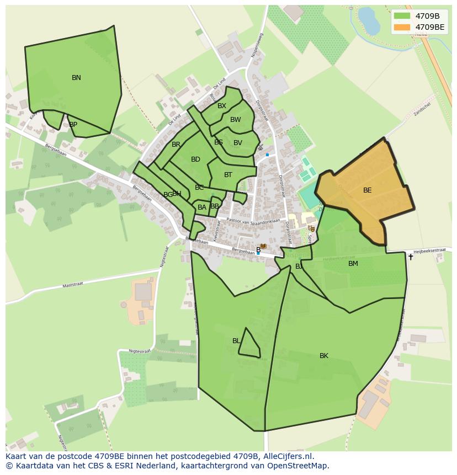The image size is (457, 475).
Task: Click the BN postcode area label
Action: (76, 78)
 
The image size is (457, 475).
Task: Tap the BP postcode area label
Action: (73, 125)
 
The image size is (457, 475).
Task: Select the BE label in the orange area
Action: (367, 190)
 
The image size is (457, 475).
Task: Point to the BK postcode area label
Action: (324, 356)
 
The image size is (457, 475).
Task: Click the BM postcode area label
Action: (353, 264)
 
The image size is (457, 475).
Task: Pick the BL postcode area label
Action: (236, 341)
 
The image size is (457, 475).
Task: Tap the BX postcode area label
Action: (222, 106)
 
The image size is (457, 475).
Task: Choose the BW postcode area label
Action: (236, 120)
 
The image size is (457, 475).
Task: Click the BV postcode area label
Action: (238, 143)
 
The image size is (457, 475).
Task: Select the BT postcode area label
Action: (228, 175)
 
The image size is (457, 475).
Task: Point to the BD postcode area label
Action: (195, 159)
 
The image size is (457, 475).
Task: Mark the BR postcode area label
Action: (176, 145)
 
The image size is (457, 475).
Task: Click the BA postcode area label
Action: (202, 207)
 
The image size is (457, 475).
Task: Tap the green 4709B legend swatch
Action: (402, 15)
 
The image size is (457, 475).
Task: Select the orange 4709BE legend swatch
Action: (402, 27)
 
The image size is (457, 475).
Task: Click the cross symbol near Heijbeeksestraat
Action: (410, 257)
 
